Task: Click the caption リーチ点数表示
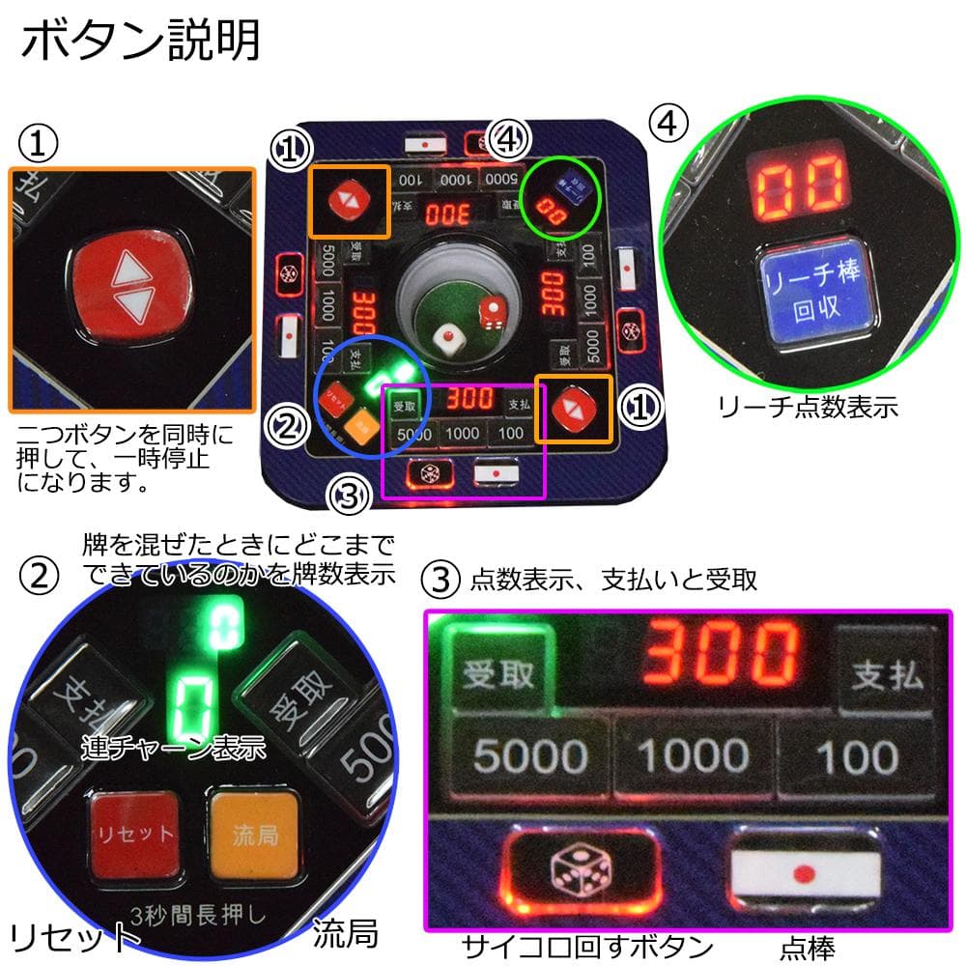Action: coord(808,408)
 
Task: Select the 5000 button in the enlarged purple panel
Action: coord(530,756)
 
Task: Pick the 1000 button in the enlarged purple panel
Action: coord(694,756)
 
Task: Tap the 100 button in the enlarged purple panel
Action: coord(856,756)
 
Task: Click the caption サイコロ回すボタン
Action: coord(586,945)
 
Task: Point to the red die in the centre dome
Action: coord(492,312)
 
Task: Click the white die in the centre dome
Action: coord(446,339)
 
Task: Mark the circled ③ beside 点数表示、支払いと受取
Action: coord(441,580)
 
